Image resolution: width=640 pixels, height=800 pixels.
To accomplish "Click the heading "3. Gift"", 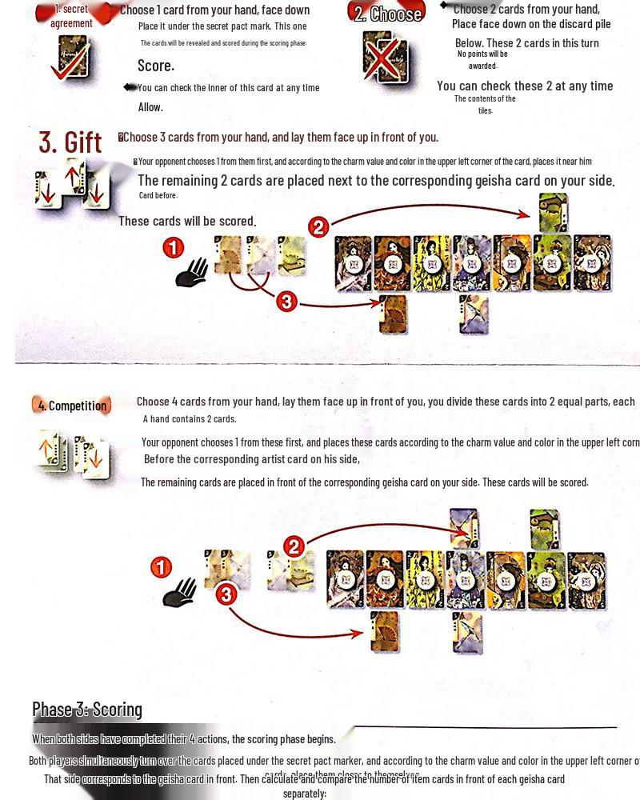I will pyautogui.click(x=70, y=142).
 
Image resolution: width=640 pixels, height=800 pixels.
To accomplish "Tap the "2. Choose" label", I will pyautogui.click(x=388, y=14).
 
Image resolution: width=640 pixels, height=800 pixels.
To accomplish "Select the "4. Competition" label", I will pyautogui.click(x=72, y=406).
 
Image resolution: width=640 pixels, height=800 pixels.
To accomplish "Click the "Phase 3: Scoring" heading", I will pyautogui.click(x=87, y=709).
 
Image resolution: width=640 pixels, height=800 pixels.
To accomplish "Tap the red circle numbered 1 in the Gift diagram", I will pyautogui.click(x=174, y=248).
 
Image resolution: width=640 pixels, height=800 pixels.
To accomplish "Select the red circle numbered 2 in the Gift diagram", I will pyautogui.click(x=318, y=227).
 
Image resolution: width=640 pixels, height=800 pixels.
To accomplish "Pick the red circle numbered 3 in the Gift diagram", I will pyautogui.click(x=286, y=302).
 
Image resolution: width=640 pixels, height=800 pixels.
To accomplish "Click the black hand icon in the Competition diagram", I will pyautogui.click(x=180, y=592).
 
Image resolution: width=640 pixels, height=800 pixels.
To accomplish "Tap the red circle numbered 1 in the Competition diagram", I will pyautogui.click(x=161, y=568).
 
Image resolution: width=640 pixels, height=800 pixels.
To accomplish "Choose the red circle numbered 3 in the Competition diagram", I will pyautogui.click(x=226, y=594).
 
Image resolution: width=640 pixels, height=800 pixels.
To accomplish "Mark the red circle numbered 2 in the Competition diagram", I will pyautogui.click(x=294, y=546).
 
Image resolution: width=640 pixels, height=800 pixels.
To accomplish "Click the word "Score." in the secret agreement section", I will pyautogui.click(x=156, y=66).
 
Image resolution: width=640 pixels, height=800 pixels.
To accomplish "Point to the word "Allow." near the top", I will pyautogui.click(x=150, y=107).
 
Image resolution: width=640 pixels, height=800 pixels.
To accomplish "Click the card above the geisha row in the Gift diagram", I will pyautogui.click(x=554, y=213).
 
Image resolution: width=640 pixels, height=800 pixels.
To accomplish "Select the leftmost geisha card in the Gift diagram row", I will pyautogui.click(x=353, y=263).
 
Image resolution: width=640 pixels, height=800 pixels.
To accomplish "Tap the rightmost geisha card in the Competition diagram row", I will pyautogui.click(x=588, y=580).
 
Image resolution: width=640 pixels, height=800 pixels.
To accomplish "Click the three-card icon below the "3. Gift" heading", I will pyautogui.click(x=72, y=184).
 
